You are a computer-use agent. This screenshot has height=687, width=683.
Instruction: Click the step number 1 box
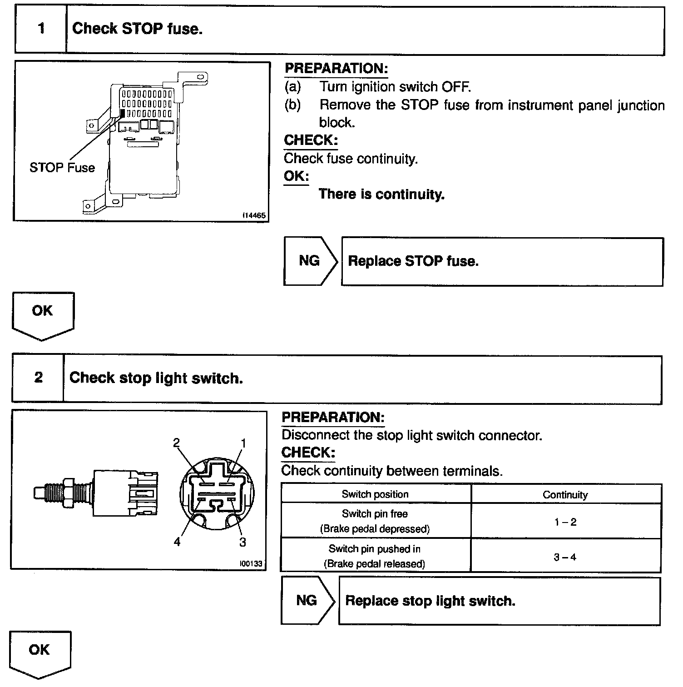pos(41,29)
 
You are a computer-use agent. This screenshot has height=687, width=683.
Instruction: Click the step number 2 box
pos(38,378)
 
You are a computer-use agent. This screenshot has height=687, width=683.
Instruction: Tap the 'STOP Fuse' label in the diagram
pos(62,168)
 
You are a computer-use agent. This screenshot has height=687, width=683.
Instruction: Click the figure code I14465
pos(254,216)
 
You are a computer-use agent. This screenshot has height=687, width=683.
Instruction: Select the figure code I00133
pos(251,563)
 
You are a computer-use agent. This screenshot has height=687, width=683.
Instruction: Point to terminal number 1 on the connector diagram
pos(243,443)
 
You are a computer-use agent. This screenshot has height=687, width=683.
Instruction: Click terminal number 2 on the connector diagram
pos(177,443)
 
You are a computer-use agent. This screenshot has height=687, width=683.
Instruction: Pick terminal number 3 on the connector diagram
pos(243,542)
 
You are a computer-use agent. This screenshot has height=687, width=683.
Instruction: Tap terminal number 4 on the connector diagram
pos(177,542)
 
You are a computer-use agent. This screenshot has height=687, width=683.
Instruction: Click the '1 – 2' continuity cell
pos(565,522)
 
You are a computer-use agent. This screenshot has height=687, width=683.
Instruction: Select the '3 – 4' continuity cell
pos(565,557)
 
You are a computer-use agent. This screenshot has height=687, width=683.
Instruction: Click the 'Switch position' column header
pos(375,494)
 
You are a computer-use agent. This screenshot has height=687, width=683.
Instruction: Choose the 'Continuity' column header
pos(565,495)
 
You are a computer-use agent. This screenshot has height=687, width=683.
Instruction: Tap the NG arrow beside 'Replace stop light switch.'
pos(307,601)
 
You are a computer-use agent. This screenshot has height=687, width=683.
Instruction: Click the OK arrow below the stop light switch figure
pos(40,652)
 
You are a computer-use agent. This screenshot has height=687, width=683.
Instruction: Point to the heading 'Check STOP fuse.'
pos(137,29)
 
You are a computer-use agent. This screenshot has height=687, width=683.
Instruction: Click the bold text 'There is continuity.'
pos(381,194)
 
